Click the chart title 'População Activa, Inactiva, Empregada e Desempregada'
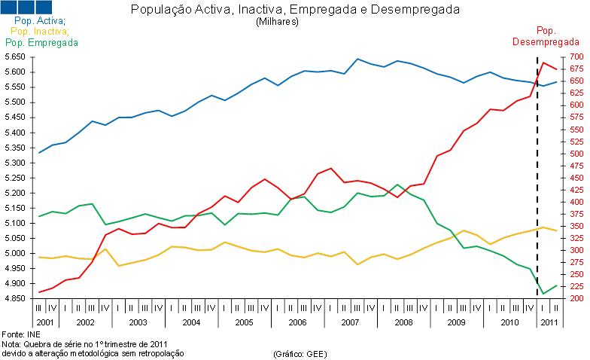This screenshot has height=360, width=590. pyautogui.click(x=295, y=10)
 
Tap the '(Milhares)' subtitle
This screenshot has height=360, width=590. pyautogui.click(x=278, y=22)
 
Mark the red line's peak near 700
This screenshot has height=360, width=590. pyautogui.click(x=543, y=62)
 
